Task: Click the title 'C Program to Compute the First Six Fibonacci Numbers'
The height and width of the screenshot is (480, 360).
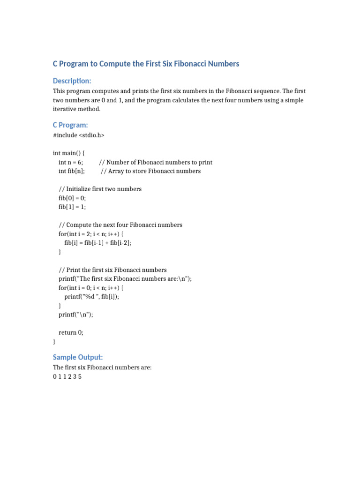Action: tap(146, 63)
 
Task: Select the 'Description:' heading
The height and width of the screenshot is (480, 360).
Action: tap(72, 81)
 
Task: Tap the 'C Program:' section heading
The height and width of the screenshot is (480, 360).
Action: tap(70, 125)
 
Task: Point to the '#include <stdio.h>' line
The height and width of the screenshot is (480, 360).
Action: tap(79, 135)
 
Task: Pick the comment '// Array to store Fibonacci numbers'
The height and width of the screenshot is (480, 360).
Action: tap(150, 171)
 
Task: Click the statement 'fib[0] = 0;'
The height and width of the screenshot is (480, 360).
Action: tap(72, 198)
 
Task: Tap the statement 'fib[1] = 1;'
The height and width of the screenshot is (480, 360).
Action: tap(72, 207)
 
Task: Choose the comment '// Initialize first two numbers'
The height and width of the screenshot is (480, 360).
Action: tap(100, 189)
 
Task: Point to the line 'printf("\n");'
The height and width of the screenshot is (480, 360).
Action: tap(76, 315)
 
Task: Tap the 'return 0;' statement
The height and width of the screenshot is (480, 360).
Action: tap(71, 332)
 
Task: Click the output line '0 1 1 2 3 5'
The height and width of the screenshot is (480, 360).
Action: tap(67, 377)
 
